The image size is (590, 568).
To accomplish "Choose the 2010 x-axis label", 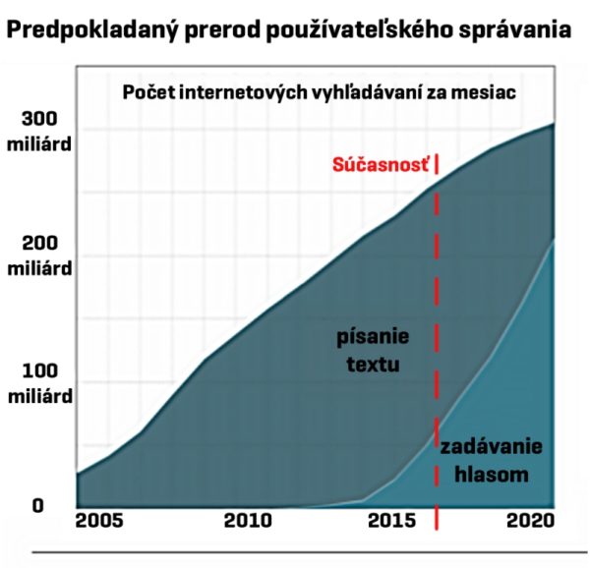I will click(249, 520).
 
